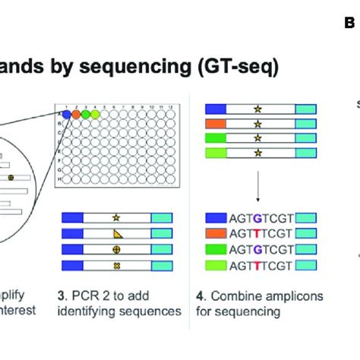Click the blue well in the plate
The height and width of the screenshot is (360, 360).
66,114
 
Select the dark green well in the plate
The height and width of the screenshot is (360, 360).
86,114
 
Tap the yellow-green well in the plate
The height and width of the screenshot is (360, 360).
96,114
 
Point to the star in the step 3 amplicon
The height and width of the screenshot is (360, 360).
116,218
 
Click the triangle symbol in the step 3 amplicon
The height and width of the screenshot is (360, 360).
116,235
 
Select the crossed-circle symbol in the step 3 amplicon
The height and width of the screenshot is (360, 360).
116,251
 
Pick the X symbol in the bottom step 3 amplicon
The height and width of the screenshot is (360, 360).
116,267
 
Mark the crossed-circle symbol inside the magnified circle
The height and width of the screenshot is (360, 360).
10,177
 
